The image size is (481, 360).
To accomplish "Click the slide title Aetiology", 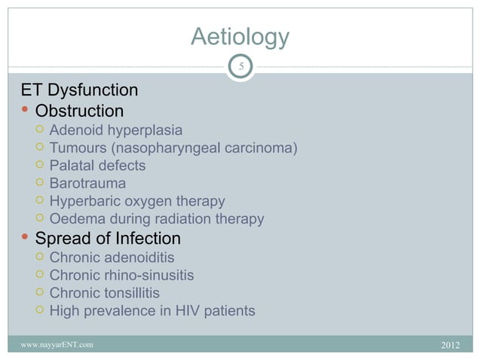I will [x=240, y=37].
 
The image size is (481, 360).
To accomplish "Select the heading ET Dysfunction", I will [x=79, y=91].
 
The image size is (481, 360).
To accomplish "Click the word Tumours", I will [x=79, y=148].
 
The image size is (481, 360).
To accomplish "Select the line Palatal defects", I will [x=97, y=166].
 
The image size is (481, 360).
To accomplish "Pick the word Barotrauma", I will [x=87, y=183].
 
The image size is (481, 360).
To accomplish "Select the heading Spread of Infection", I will [x=108, y=239].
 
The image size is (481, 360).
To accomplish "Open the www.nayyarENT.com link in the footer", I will [x=57, y=345].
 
